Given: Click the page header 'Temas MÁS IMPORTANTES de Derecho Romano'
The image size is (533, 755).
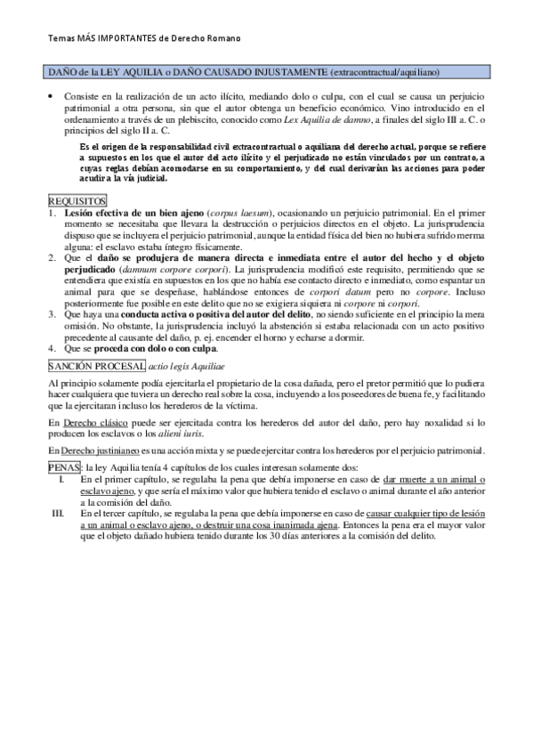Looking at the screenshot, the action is (141, 39).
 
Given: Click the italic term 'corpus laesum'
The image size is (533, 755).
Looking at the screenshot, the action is (242, 215).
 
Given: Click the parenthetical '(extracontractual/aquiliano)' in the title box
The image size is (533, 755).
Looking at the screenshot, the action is (386, 70).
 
